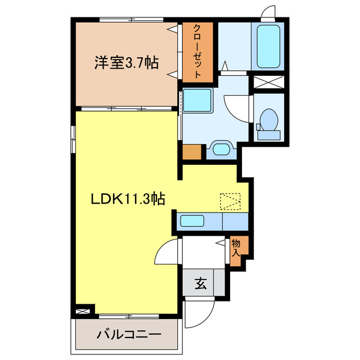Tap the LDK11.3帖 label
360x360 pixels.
[x=128, y=199]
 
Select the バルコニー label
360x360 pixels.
[x=129, y=335]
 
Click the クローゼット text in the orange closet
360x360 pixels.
[x=197, y=51]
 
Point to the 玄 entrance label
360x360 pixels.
[x=201, y=283]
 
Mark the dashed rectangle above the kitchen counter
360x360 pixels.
[x=230, y=201]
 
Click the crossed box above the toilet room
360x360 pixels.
[x=268, y=82]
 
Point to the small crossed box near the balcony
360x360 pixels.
[x=83, y=310]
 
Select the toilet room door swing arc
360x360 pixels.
[x=238, y=107]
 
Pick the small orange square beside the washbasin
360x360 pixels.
[x=192, y=152]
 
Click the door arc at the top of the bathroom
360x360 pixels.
[x=268, y=12]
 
